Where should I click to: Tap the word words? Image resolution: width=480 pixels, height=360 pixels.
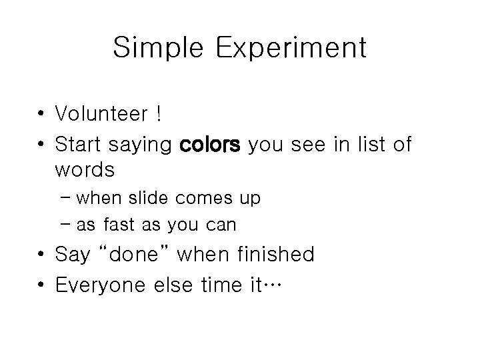tap(85, 170)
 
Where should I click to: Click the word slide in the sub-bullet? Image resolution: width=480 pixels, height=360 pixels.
tap(151, 199)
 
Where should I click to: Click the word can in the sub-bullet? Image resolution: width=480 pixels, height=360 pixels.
tap(221, 225)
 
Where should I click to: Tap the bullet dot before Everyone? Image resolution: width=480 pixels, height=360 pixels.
tap(41, 285)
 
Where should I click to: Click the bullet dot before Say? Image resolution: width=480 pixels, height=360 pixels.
tap(41, 255)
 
